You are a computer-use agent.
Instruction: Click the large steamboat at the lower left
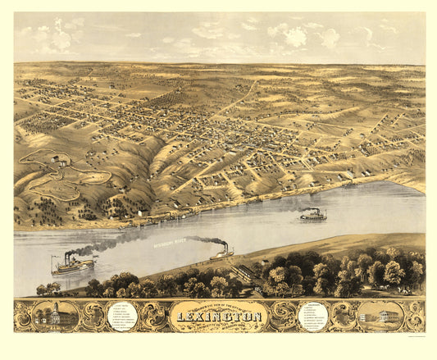(74, 266)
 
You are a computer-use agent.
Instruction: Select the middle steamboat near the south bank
(221, 254)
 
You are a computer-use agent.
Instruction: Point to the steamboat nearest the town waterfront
(312, 216)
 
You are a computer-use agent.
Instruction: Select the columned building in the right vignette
(378, 315)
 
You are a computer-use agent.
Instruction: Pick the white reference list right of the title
(316, 314)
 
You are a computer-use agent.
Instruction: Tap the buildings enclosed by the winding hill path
(59, 162)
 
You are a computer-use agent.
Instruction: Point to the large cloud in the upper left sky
(57, 37)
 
